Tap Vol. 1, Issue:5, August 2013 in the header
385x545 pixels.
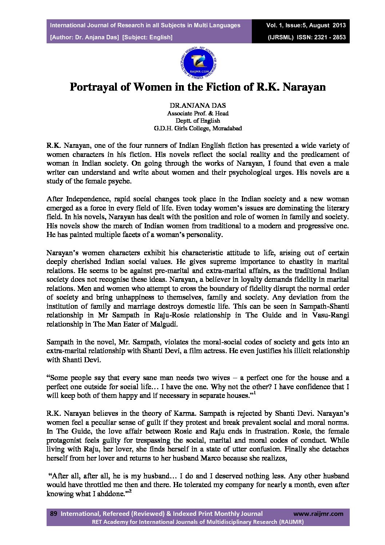[306, 25]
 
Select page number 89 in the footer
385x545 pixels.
[53, 514]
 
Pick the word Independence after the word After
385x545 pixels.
[88, 199]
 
